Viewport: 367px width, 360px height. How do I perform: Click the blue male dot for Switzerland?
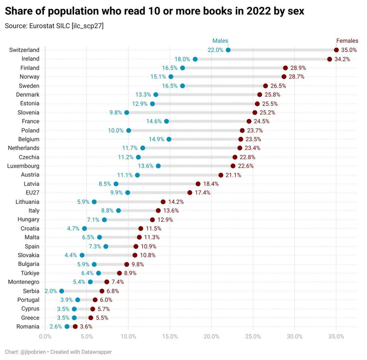click(228, 50)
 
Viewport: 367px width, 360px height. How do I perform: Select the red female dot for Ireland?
click(329, 59)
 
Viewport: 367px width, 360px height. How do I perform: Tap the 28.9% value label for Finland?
click(298, 68)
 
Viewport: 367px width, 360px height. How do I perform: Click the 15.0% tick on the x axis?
click(170, 337)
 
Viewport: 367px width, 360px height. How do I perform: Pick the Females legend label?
click(347, 41)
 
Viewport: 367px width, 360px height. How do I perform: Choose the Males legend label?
click(220, 41)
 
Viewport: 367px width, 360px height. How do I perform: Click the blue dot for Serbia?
click(61, 291)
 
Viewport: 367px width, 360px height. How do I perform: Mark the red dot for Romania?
click(75, 327)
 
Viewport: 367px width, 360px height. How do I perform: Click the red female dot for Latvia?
click(198, 184)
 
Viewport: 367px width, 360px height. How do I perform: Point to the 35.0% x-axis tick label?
click(336, 337)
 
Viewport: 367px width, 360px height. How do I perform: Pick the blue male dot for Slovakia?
click(82, 255)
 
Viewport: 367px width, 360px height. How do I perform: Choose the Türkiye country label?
click(29, 273)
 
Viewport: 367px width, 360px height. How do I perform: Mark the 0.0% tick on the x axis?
click(45, 337)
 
